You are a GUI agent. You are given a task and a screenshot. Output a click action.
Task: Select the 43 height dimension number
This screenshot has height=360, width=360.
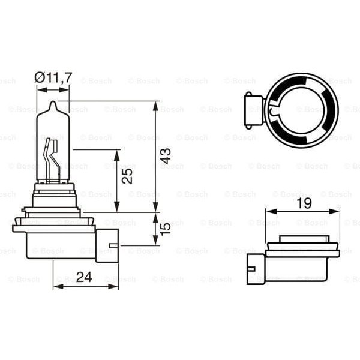(x=166, y=157)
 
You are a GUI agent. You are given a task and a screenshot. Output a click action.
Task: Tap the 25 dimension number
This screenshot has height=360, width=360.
(x=127, y=176)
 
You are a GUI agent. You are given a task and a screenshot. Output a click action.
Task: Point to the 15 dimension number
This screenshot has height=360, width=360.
(x=166, y=229)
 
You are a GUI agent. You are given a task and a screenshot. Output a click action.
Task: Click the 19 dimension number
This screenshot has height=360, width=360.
(x=304, y=203)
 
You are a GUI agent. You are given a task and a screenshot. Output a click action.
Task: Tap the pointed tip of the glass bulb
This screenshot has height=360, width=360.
(x=53, y=104)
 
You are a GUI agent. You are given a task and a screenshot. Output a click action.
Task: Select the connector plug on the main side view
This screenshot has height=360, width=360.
(x=107, y=245)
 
